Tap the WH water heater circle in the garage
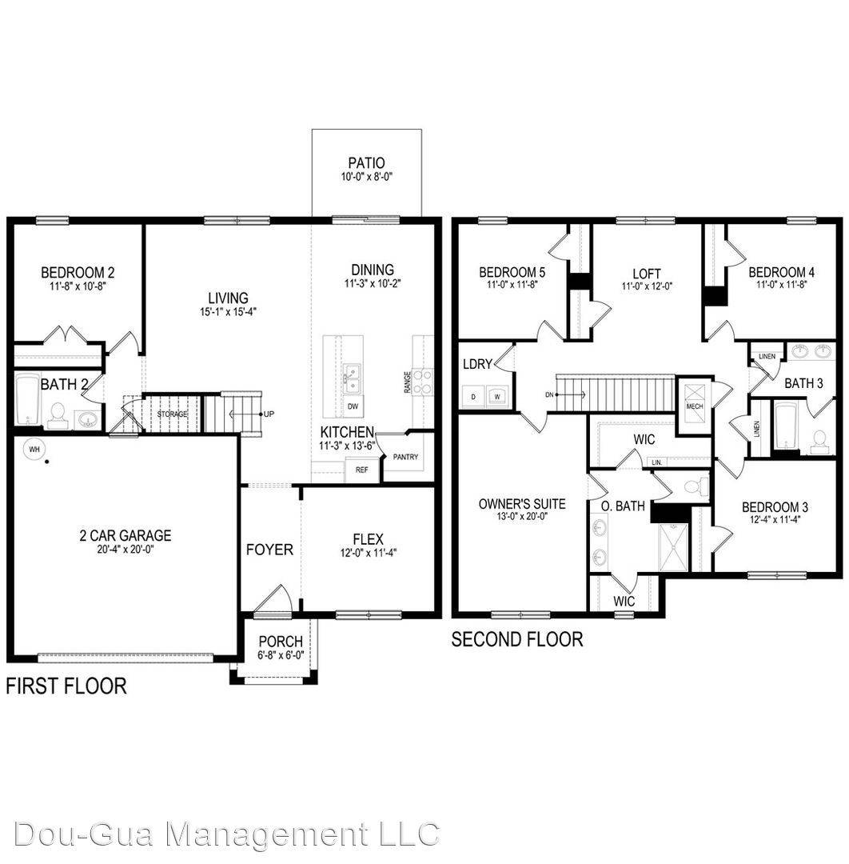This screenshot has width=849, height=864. pyautogui.click(x=34, y=450)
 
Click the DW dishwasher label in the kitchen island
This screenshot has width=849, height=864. pyautogui.click(x=353, y=406)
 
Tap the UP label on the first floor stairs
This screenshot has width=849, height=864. pyautogui.click(x=269, y=414)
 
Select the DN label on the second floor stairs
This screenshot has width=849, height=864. pyautogui.click(x=548, y=394)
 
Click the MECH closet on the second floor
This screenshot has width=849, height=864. pyautogui.click(x=694, y=406)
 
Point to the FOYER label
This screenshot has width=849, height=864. pyautogui.click(x=269, y=550)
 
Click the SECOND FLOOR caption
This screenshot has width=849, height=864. pyautogui.click(x=516, y=639)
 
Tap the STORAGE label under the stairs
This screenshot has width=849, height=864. pyautogui.click(x=172, y=414)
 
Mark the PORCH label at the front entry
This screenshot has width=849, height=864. pyautogui.click(x=280, y=642)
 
